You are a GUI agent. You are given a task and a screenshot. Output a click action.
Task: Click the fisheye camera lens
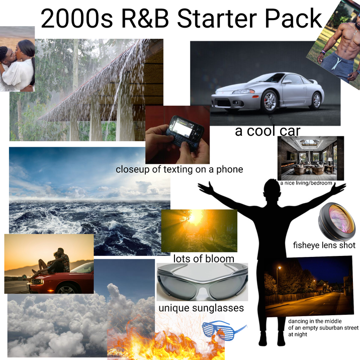[336, 221]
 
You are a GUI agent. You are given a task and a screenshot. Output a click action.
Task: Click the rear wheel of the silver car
[316, 100]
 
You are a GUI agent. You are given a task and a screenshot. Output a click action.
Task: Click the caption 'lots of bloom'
[204, 258]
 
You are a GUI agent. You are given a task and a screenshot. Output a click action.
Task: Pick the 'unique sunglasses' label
[201, 308]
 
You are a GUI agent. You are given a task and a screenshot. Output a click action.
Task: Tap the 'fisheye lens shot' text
[324, 246]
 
